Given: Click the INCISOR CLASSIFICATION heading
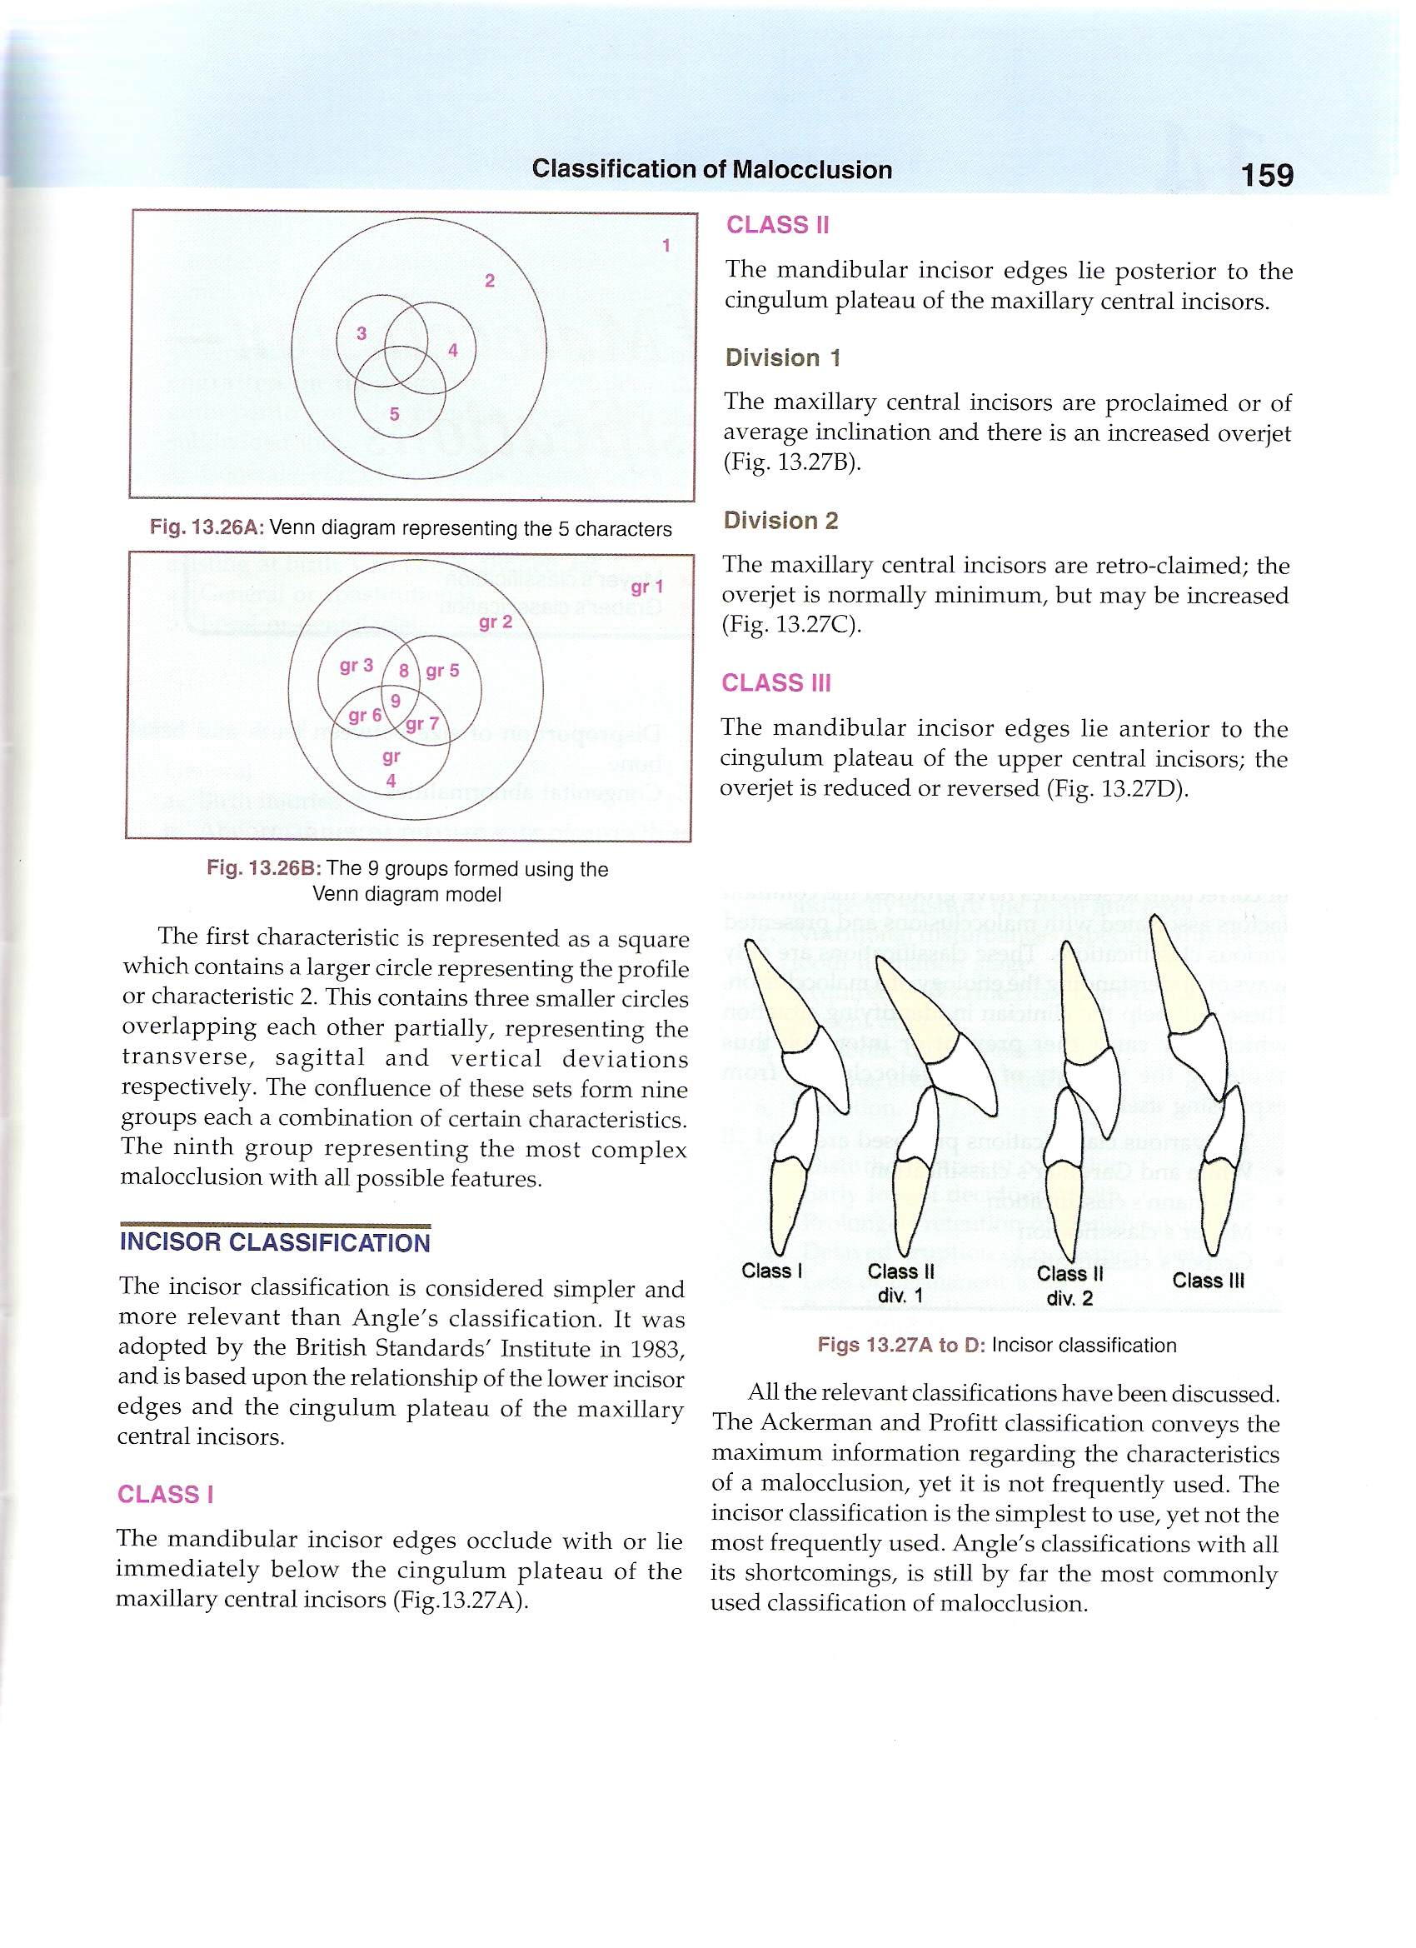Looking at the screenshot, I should (x=275, y=1242).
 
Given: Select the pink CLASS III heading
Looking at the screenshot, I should (x=775, y=683).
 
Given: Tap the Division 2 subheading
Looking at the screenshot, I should (x=780, y=521).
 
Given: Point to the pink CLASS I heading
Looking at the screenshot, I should (x=165, y=1495).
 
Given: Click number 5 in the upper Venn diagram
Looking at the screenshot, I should (x=394, y=414).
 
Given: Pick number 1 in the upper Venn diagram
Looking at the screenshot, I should (x=666, y=246).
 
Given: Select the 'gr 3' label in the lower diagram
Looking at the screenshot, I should (x=356, y=666).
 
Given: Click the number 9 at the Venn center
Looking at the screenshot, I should (x=395, y=701).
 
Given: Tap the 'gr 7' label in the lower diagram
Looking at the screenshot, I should (x=421, y=724).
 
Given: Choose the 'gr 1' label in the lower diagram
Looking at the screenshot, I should (x=646, y=587).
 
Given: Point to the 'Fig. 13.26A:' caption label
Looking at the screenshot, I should (x=206, y=527).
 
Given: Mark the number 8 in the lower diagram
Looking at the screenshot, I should (x=403, y=671).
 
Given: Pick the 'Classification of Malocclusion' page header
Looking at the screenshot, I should (x=712, y=169).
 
